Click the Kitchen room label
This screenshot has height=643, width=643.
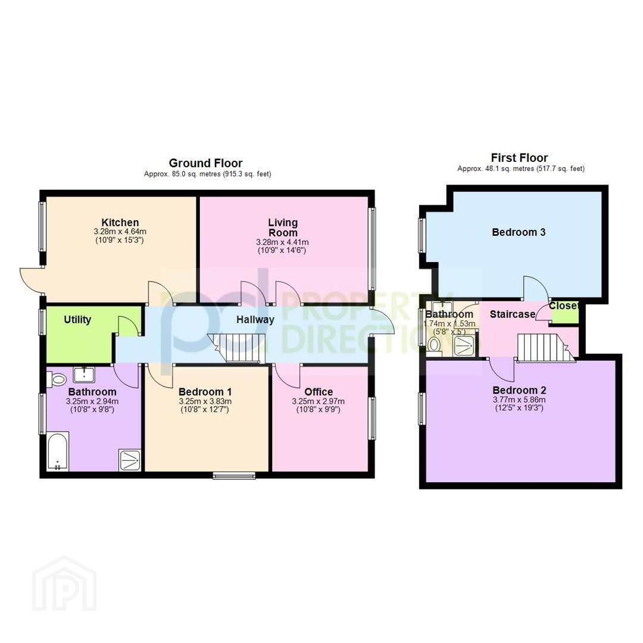click(x=120, y=223)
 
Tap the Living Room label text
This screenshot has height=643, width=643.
click(x=283, y=227)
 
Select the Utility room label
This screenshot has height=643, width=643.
click(x=77, y=320)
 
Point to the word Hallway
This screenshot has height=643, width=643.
click(x=255, y=320)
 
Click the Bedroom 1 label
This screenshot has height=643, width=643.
click(x=205, y=392)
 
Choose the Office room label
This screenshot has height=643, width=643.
click(x=318, y=392)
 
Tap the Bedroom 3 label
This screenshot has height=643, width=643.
click(x=519, y=232)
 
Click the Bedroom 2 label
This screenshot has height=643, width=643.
click(x=519, y=390)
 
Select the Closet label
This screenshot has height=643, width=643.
click(x=563, y=306)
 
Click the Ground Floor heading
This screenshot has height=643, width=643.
click(x=205, y=163)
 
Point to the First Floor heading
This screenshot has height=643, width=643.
click(x=519, y=158)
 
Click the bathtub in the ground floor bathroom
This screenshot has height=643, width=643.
click(x=57, y=451)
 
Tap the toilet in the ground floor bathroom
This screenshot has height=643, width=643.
click(x=56, y=379)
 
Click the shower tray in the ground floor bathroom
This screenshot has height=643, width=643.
click(x=130, y=460)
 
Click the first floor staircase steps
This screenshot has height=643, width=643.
click(x=545, y=348)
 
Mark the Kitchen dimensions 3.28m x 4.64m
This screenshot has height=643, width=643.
click(x=120, y=232)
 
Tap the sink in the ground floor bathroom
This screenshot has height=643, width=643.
click(x=84, y=373)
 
